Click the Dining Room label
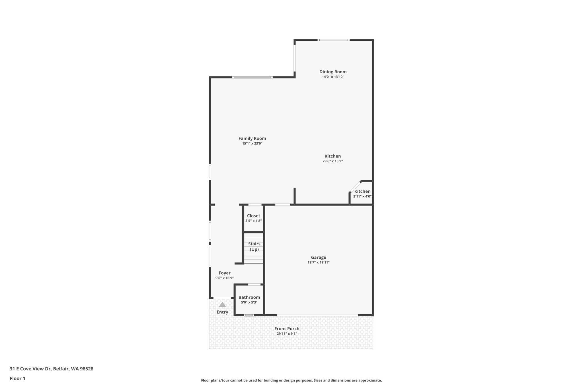click(x=333, y=72)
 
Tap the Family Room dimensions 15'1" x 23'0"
click(x=252, y=144)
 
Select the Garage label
click(x=318, y=258)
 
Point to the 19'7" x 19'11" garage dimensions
click(x=318, y=262)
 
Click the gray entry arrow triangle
click(x=222, y=304)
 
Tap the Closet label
click(x=253, y=216)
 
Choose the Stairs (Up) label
click(x=254, y=246)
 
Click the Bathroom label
click(x=249, y=297)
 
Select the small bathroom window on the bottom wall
click(x=249, y=315)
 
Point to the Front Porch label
click(x=287, y=329)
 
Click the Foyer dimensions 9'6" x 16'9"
click(x=224, y=278)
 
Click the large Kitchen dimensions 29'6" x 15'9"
click(x=332, y=161)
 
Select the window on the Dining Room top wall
click(x=333, y=40)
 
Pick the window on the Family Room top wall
click(x=252, y=77)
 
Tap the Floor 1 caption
click(x=17, y=378)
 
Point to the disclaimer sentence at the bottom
click(x=291, y=380)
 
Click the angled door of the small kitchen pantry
click(x=355, y=186)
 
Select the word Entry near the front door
click(x=222, y=312)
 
